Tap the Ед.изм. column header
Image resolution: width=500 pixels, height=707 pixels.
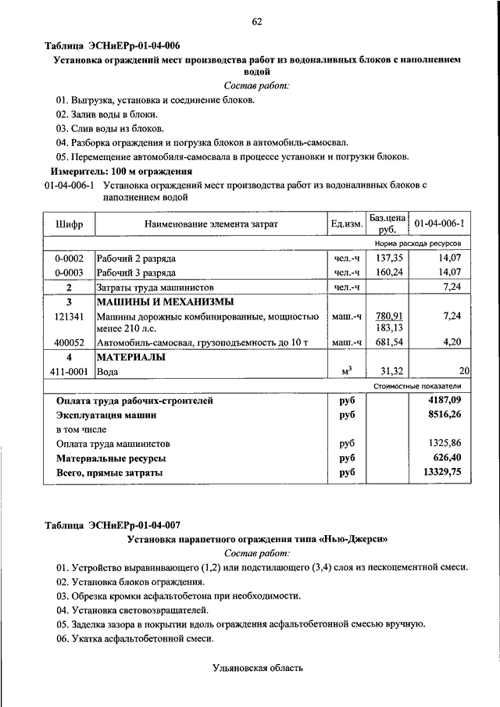[x=347, y=224]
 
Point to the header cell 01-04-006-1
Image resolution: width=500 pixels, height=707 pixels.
[x=439, y=224]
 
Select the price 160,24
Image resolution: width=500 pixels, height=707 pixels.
[x=388, y=273]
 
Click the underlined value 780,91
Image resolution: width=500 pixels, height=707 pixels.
[x=388, y=316]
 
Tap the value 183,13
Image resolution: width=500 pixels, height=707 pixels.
[x=388, y=328]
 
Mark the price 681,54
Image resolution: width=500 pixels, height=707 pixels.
[x=388, y=342]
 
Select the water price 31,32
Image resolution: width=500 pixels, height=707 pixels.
[x=388, y=372]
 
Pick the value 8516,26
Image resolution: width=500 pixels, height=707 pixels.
[x=445, y=415]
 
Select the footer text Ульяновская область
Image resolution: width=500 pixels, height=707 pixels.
[x=256, y=668]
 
